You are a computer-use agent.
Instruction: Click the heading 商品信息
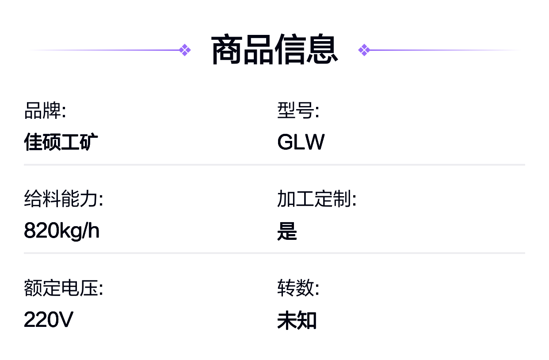coord(274,50)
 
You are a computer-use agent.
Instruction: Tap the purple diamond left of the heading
coord(185,50)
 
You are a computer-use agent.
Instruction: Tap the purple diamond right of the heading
coord(364,50)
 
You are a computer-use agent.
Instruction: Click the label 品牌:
coord(45,110)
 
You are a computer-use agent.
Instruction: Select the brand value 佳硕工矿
coord(61,142)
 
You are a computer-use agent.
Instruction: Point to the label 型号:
coord(298,110)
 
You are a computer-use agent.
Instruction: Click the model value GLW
coord(301,142)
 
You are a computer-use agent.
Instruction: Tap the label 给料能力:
coord(64,199)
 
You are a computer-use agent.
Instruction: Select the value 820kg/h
coord(61,231)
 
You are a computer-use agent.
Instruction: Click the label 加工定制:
coord(316,199)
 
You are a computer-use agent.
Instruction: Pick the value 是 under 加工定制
coord(287,231)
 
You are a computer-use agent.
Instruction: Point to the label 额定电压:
coord(64,288)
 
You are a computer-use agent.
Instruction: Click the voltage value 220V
coord(49,320)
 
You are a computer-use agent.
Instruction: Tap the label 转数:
coord(298,288)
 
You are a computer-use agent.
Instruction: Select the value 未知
coord(297,320)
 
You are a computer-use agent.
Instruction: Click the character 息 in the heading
coord(322,50)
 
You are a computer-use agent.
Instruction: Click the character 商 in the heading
coord(227,50)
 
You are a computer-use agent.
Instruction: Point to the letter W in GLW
coord(314,142)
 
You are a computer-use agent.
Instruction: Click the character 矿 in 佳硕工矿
coord(89,142)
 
